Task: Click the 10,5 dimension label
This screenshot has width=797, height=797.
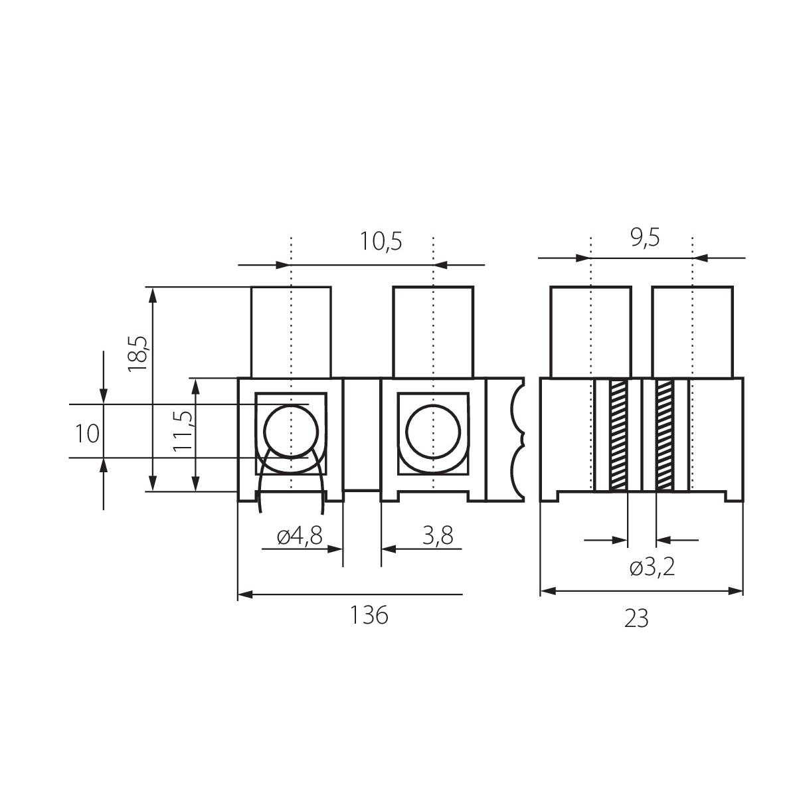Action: click(x=381, y=242)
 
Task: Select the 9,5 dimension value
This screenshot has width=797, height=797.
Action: click(x=645, y=238)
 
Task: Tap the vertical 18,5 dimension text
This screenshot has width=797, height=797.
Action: click(x=137, y=353)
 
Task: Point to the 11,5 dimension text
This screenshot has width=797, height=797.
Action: click(x=183, y=432)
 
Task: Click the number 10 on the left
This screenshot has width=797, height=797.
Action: click(x=87, y=434)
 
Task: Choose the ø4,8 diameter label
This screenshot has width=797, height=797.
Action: click(x=300, y=536)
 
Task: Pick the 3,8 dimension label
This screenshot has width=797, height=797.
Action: click(x=438, y=535)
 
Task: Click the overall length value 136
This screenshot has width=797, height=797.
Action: click(x=369, y=615)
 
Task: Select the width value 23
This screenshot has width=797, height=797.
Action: click(x=636, y=619)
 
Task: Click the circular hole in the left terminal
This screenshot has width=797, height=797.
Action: click(x=291, y=432)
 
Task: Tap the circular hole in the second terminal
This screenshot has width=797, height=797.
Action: click(x=433, y=432)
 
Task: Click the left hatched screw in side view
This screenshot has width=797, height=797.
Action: click(x=618, y=436)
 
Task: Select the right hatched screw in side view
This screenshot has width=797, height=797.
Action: click(x=665, y=436)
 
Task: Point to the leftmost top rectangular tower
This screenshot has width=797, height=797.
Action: click(x=291, y=332)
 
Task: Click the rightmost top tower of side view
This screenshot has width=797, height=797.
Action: click(x=692, y=331)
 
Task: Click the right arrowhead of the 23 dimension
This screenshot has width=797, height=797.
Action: click(x=736, y=591)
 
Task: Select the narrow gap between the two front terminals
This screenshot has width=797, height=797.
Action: click(x=362, y=434)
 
